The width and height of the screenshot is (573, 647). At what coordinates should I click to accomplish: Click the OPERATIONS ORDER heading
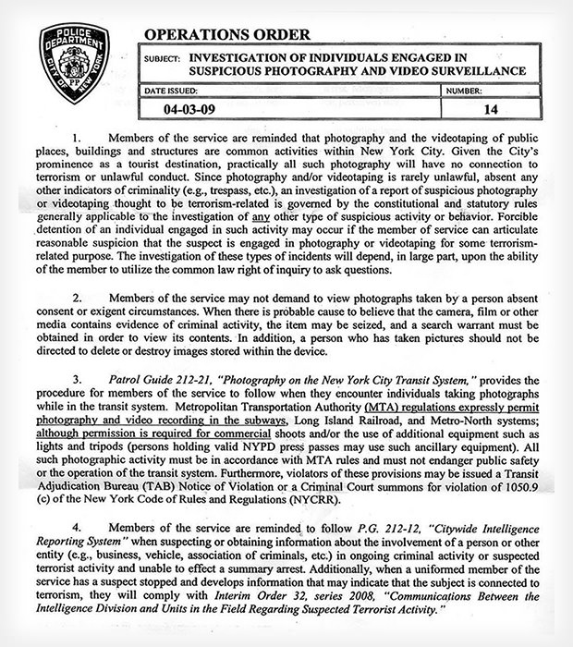pos(226,35)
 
